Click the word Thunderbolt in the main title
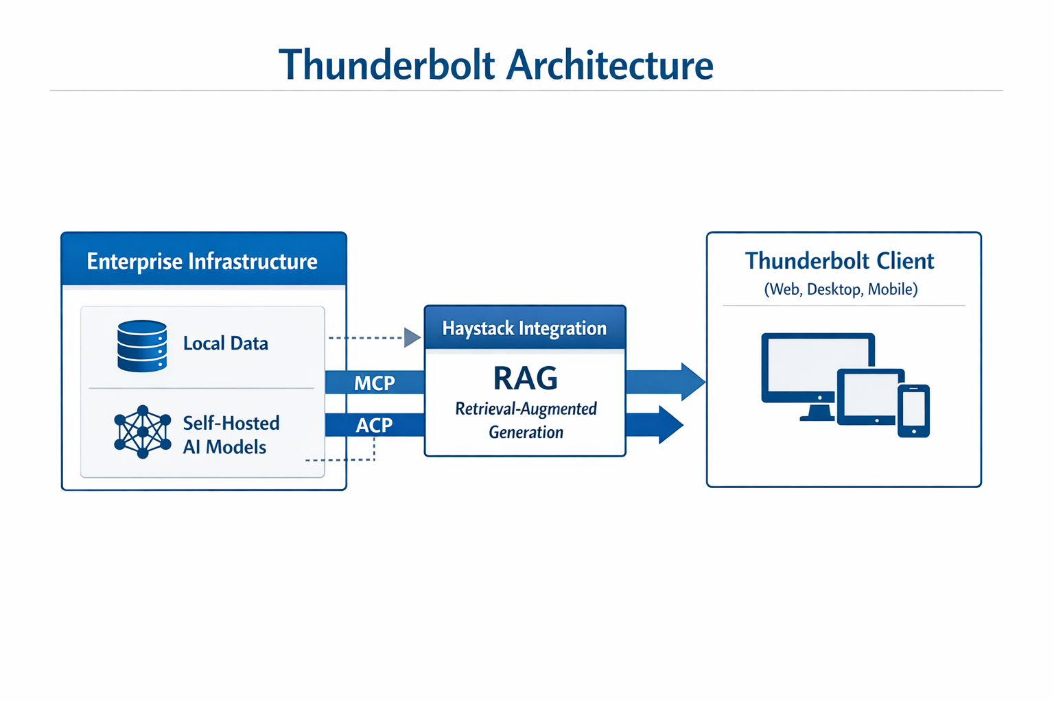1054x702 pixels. (x=387, y=65)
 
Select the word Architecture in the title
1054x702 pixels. (x=610, y=65)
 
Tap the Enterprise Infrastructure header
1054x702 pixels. (x=202, y=261)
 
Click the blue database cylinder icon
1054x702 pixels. (x=142, y=346)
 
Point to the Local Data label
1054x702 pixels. (x=225, y=343)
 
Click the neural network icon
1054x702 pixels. (x=142, y=432)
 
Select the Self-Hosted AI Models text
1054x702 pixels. (x=231, y=435)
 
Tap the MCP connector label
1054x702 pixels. (x=374, y=383)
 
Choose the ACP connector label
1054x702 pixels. (x=374, y=425)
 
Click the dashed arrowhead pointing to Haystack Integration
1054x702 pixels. (x=412, y=337)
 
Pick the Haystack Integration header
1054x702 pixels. (x=524, y=328)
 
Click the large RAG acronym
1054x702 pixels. (x=525, y=378)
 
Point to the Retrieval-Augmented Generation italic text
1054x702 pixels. (x=526, y=420)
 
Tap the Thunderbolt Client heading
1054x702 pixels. (x=839, y=261)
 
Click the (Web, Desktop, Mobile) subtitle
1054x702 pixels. (x=841, y=289)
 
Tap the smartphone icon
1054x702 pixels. (x=913, y=411)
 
